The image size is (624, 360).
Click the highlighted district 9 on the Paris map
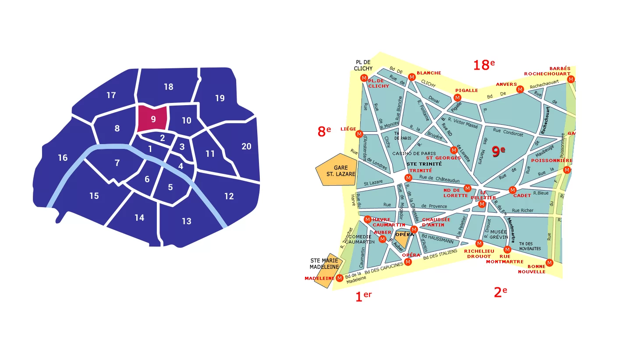(x=152, y=119)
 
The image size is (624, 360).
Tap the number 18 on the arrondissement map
(x=169, y=87)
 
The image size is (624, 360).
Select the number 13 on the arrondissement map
(x=187, y=221)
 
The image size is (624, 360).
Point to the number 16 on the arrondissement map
(x=63, y=158)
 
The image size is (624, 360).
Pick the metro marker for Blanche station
(x=411, y=77)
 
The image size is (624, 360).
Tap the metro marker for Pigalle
(x=457, y=97)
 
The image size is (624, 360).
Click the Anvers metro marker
(x=520, y=89)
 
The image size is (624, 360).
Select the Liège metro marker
(x=359, y=134)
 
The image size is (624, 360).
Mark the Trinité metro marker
(x=408, y=178)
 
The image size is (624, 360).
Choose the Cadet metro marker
(x=512, y=190)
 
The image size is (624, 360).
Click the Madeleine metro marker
(x=339, y=278)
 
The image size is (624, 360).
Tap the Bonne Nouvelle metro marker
(x=550, y=262)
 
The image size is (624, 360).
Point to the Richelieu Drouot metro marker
(x=479, y=243)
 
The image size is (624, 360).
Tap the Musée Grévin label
(x=499, y=235)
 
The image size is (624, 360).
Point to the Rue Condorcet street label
(x=508, y=132)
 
